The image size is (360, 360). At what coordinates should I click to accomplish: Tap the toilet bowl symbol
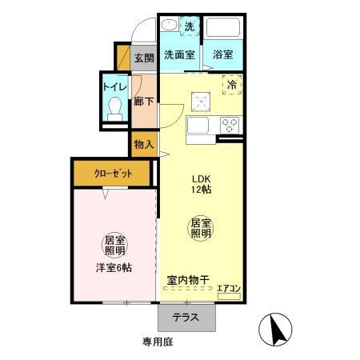tap(114, 106)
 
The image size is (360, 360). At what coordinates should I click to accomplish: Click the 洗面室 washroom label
tap(180, 55)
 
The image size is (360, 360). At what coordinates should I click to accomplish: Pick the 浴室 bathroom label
tap(223, 55)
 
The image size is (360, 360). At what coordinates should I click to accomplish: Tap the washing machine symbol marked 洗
tap(190, 27)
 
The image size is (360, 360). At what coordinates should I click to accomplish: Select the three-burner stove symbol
tap(230, 125)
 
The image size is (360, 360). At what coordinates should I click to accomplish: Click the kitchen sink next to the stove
tap(198, 126)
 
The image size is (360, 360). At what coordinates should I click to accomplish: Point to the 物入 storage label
tap(144, 145)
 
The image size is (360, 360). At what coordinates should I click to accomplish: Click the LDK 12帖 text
tap(200, 184)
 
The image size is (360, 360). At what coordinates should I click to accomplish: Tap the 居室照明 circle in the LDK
tap(200, 228)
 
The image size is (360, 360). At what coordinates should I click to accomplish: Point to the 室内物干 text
tap(187, 280)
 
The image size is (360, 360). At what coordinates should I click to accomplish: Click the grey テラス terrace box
tap(186, 317)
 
